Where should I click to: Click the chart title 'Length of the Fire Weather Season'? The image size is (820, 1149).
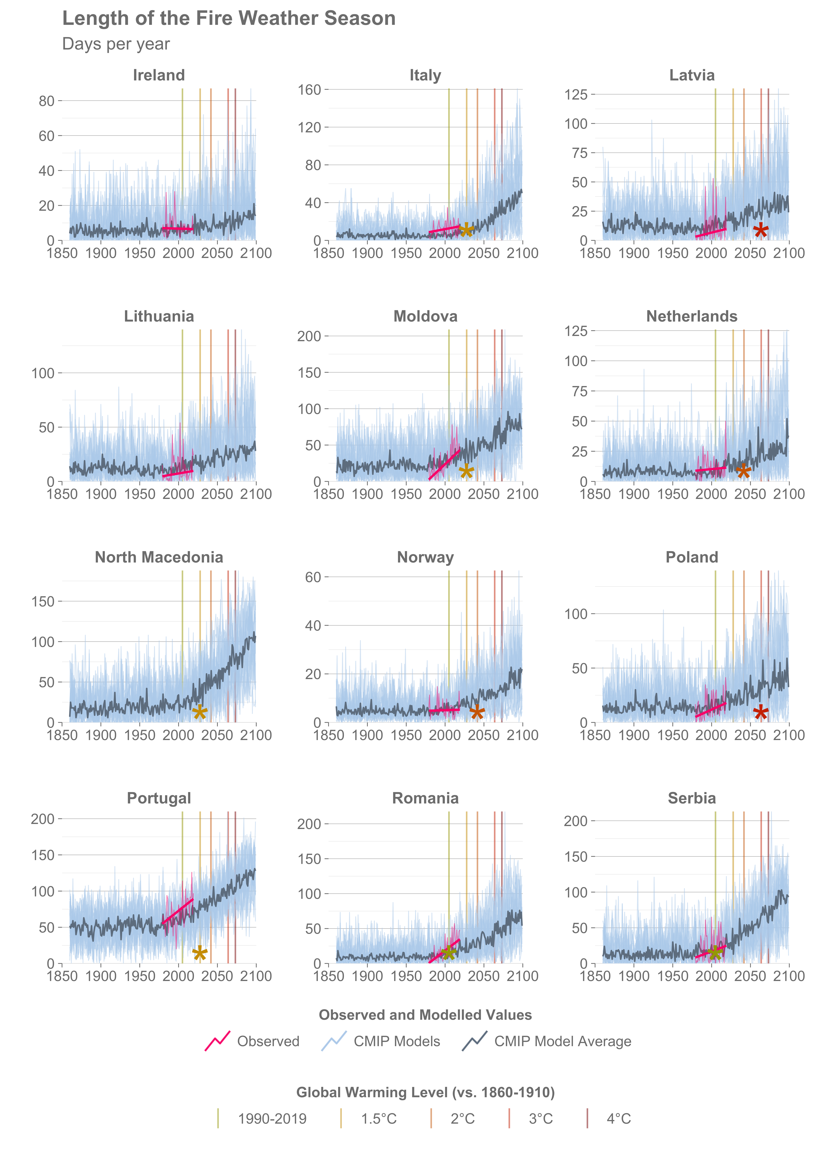click(229, 19)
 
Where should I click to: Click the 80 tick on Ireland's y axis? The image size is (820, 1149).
click(47, 101)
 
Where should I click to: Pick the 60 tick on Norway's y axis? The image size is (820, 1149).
click(313, 577)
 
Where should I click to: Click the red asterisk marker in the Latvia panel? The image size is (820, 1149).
click(760, 231)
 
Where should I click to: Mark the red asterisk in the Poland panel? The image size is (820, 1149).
click(760, 713)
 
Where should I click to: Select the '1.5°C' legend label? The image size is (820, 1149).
click(379, 1119)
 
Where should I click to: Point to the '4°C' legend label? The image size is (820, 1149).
click(618, 1119)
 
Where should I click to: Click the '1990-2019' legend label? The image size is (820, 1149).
click(272, 1119)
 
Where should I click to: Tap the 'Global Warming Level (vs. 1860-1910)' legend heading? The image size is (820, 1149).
click(425, 1092)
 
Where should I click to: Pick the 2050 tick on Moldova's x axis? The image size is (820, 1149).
click(484, 494)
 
